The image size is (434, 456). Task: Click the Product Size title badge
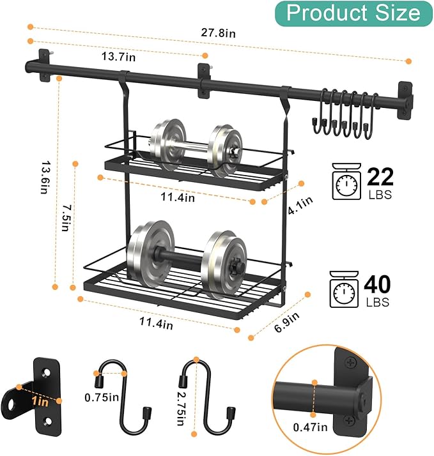353,13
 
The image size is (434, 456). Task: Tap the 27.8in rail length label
218,33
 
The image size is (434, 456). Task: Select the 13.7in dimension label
118,56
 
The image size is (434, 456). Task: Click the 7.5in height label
66,218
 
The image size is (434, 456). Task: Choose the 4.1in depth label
300,205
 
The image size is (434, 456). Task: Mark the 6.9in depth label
287,323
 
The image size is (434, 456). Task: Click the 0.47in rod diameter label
310,427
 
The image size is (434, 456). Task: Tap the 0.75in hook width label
102,397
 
